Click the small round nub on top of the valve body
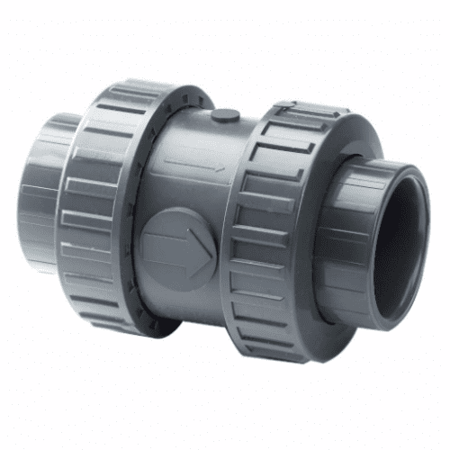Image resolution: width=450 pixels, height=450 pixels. click(x=225, y=115)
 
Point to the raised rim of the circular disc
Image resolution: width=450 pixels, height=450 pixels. click(x=176, y=213)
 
